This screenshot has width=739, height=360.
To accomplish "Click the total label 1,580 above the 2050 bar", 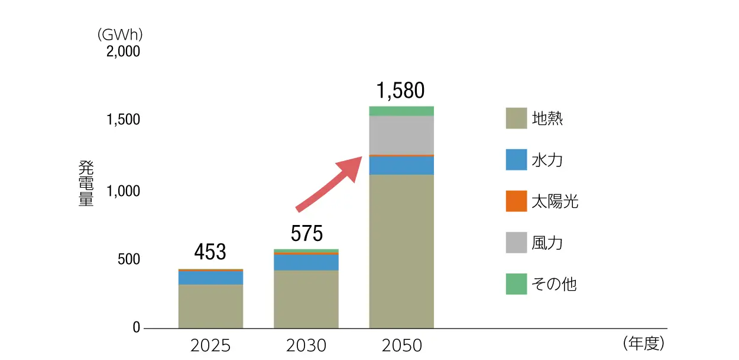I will pyautogui.click(x=400, y=91).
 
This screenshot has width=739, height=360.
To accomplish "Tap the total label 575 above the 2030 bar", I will pyautogui.click(x=307, y=233).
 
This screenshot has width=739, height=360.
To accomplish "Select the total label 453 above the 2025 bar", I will pyautogui.click(x=210, y=252).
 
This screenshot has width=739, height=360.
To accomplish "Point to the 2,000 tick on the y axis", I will pyautogui.click(x=123, y=52).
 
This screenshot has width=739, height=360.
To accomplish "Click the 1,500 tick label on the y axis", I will pyautogui.click(x=123, y=120).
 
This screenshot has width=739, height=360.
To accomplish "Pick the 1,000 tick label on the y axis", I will pyautogui.click(x=123, y=191).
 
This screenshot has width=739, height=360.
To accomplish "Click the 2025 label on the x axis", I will pyautogui.click(x=210, y=346).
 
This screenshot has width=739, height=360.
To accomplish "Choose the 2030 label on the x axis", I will pyautogui.click(x=306, y=346).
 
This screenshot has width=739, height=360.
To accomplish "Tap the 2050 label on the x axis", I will pyautogui.click(x=402, y=346).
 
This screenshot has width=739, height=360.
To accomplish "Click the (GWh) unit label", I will pyautogui.click(x=120, y=35).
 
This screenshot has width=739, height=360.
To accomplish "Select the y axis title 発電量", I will pyautogui.click(x=86, y=183).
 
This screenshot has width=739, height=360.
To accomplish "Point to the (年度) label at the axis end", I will pyautogui.click(x=644, y=343).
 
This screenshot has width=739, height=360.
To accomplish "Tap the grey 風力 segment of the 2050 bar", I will pyautogui.click(x=401, y=134).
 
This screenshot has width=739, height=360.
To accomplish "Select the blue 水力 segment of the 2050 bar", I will pyautogui.click(x=401, y=165).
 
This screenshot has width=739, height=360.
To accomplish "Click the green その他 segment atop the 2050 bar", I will pyautogui.click(x=401, y=111).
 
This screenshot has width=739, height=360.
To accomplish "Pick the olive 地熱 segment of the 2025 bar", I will pyautogui.click(x=210, y=306).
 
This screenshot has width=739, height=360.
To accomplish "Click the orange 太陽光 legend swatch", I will pyautogui.click(x=516, y=201).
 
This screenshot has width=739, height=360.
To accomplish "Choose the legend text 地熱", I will pyautogui.click(x=547, y=118).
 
